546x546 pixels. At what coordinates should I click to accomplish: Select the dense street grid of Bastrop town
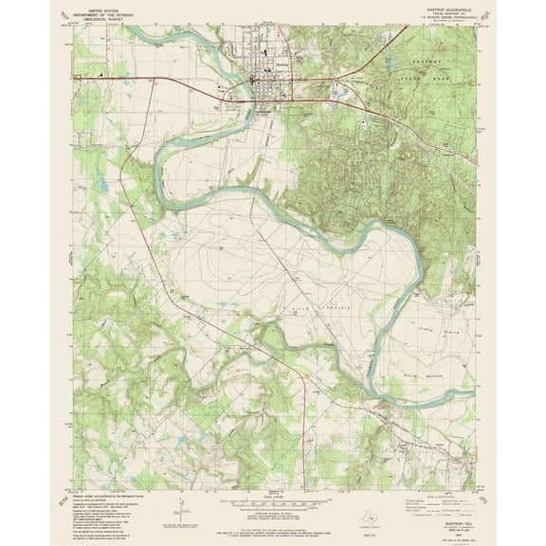tap(264, 83)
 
